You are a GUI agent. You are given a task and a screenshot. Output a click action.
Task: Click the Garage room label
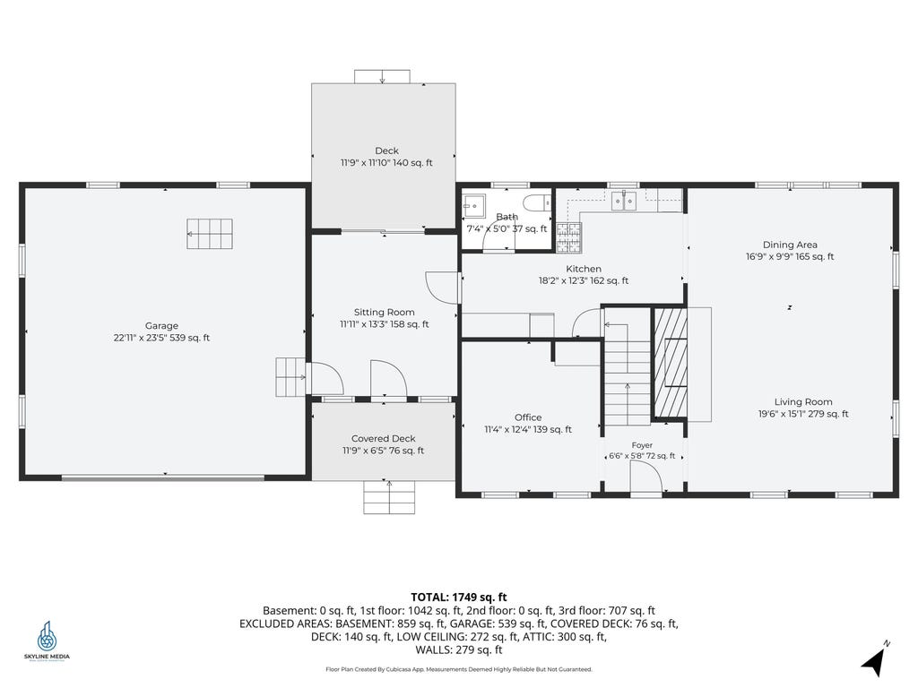[x=161, y=326]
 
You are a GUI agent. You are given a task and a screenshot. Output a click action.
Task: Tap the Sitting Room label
[x=384, y=313]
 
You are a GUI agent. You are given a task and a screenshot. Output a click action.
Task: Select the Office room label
[x=528, y=417]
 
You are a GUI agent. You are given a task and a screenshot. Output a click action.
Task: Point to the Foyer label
[x=642, y=445]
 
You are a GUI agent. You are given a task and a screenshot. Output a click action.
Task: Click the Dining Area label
[x=790, y=245]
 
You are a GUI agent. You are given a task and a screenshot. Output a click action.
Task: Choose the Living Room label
[x=803, y=402]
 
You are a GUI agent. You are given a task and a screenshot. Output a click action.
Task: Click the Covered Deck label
[x=384, y=439]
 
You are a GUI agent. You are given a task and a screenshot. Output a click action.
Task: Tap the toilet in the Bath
[x=537, y=203]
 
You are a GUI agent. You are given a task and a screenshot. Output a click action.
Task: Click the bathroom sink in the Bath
[x=473, y=205]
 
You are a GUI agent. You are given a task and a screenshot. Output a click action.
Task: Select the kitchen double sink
[x=624, y=201]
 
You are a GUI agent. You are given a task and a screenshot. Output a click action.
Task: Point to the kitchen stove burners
[x=568, y=238]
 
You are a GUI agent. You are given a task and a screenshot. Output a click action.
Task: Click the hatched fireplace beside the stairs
[x=671, y=363]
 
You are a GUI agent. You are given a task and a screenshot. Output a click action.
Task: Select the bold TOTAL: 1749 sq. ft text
[x=458, y=598]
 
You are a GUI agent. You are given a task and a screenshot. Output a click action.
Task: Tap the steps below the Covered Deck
[x=389, y=497]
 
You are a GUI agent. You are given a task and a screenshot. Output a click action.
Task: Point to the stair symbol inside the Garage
[x=210, y=234]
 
